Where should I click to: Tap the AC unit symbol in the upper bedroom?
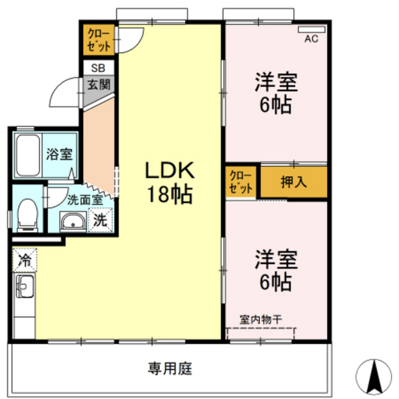[311, 30]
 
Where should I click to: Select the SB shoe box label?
[98, 68]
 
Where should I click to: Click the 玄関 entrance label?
[98, 84]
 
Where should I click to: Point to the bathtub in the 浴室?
[28, 155]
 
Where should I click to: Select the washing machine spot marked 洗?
[100, 221]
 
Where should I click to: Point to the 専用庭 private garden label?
[170, 368]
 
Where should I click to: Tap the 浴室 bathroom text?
[59, 154]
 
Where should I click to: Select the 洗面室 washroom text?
[85, 200]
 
